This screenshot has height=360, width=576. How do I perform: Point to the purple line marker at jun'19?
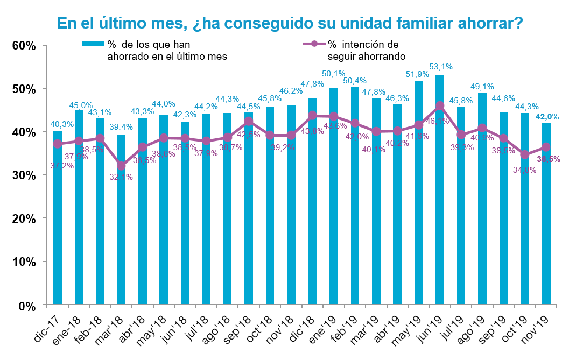pos(440,105)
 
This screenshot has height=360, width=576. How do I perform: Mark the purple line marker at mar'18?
pos(122,166)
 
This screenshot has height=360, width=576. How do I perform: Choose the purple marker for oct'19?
pos(525,154)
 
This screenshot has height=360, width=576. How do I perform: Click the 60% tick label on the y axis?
pos(24,46)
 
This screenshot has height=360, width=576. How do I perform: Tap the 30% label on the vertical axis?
pos(24,176)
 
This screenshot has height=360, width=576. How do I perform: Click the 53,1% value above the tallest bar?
pos(441,67)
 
